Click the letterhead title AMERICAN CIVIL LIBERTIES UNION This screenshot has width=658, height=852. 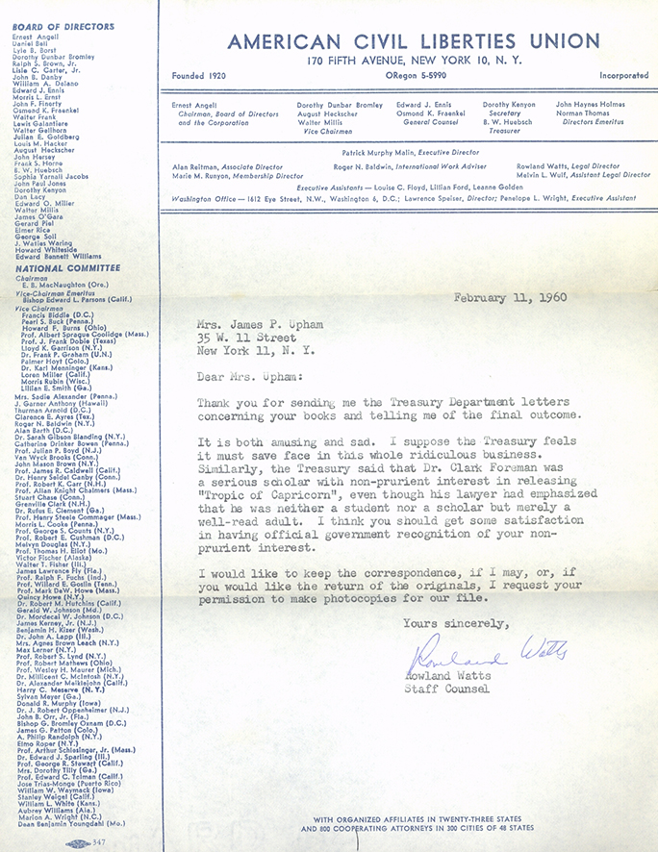click(414, 40)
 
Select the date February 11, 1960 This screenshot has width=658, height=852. click(510, 297)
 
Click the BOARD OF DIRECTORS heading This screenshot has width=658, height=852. click(63, 27)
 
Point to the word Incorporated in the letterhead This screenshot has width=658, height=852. click(622, 75)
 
